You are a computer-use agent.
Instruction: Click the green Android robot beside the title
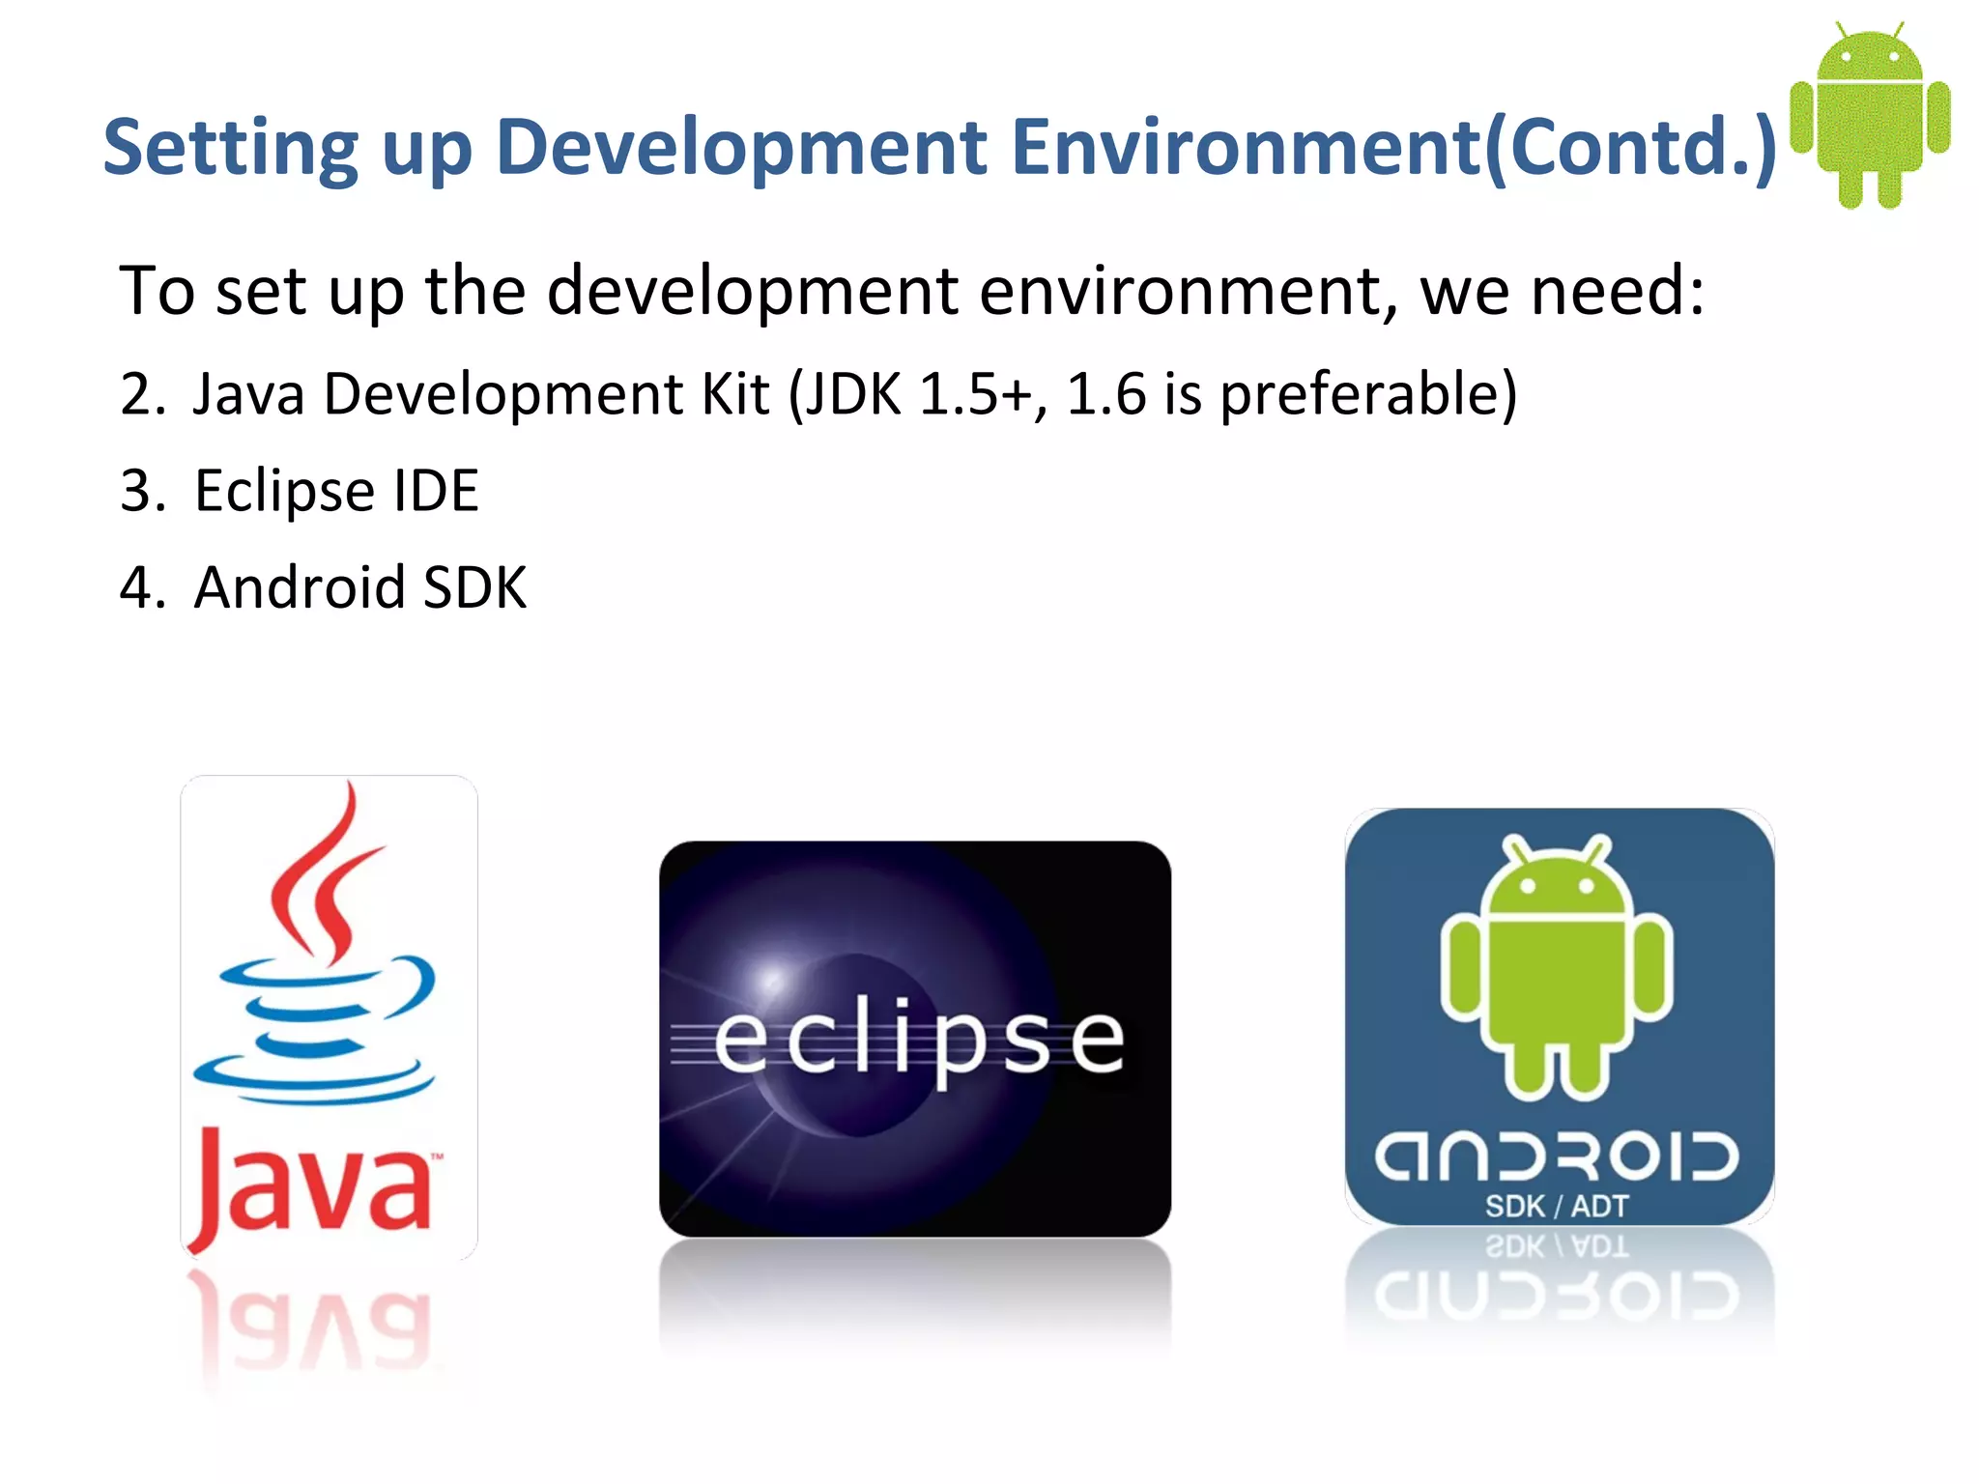point(1870,116)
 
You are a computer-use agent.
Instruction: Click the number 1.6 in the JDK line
point(1105,394)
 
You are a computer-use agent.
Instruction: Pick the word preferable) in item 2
point(1368,394)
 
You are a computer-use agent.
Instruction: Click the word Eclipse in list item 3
point(284,491)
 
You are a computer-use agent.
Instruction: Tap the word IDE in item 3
point(436,491)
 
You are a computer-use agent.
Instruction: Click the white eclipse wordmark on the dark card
point(918,1039)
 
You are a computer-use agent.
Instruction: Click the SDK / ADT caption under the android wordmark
point(1557,1206)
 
